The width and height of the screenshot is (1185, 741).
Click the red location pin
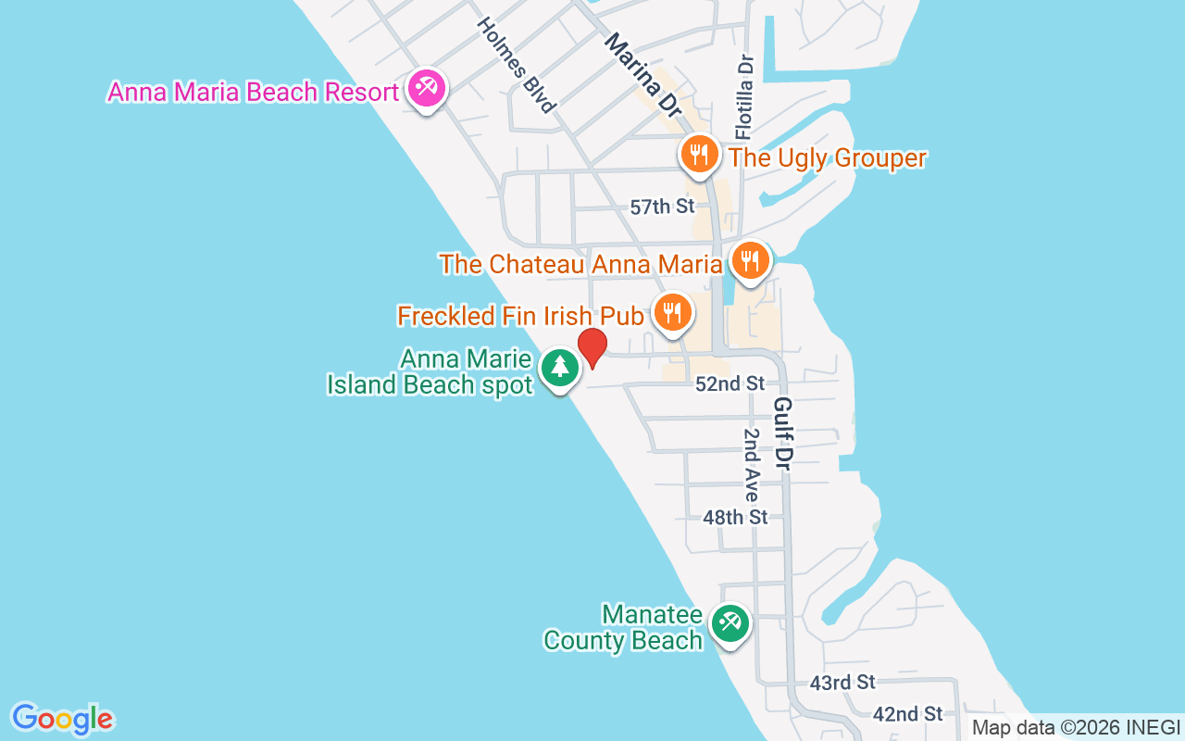(x=592, y=347)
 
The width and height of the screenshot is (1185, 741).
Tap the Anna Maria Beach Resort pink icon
(x=426, y=89)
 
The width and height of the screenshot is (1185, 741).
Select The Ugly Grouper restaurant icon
(x=700, y=154)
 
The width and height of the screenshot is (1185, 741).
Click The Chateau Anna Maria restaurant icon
(x=750, y=260)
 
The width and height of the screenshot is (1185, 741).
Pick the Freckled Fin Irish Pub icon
(x=673, y=312)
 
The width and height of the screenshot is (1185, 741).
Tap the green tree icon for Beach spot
(x=559, y=368)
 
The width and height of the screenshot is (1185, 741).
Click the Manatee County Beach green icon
(x=730, y=623)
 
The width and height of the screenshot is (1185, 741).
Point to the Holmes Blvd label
(x=517, y=65)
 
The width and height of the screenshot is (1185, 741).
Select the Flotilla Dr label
(x=746, y=96)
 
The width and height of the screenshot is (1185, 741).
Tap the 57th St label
(x=662, y=207)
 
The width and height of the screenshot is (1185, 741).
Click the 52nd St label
(x=730, y=383)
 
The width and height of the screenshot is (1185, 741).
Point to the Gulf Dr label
(x=784, y=433)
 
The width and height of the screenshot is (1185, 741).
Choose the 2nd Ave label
(x=752, y=466)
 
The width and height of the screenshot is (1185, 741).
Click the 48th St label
(x=735, y=517)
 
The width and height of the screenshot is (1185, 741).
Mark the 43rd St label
(x=842, y=683)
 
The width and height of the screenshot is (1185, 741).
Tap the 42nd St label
(x=907, y=713)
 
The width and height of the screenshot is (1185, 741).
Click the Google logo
(x=62, y=719)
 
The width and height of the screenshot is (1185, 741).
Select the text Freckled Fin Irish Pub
(x=519, y=316)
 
